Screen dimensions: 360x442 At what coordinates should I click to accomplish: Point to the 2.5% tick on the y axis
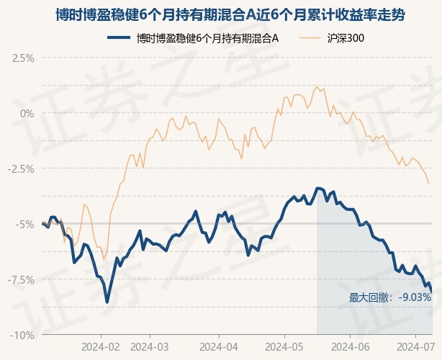point(23,58)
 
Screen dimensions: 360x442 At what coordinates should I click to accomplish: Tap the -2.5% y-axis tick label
point(22,168)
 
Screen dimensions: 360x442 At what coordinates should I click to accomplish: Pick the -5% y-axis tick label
point(26,224)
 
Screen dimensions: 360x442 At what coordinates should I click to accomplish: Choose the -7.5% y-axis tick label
point(22,279)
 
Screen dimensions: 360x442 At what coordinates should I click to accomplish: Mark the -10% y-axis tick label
point(23,335)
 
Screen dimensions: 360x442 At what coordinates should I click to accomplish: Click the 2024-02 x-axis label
point(101,347)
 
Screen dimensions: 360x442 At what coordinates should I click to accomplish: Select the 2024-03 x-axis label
point(150,347)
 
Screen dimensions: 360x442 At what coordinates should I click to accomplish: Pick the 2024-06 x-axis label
point(350,347)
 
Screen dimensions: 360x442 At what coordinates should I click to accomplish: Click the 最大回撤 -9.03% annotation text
point(390,297)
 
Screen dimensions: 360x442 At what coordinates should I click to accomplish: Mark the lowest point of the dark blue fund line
point(107,302)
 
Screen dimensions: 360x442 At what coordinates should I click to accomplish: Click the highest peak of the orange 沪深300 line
point(317,86)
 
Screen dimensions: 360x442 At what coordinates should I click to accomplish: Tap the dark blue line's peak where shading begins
point(317,188)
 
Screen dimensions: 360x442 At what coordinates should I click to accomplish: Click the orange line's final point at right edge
point(429,184)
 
